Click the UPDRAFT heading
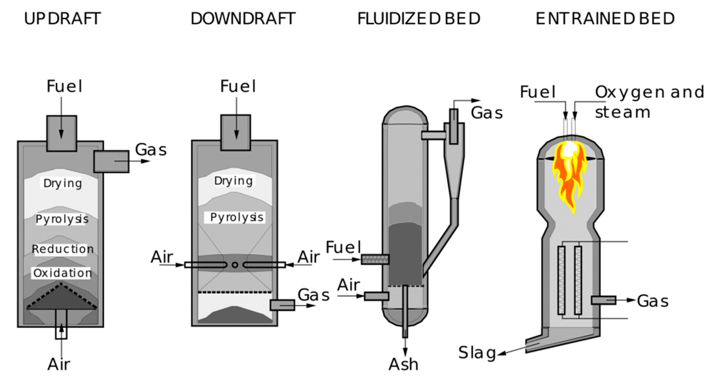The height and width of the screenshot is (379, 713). point(62,19)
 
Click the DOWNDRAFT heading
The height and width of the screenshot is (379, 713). point(243,19)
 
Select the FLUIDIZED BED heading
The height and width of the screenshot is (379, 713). point(419,19)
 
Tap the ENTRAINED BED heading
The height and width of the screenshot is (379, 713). point(605,19)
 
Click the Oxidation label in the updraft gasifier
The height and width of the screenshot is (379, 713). point(62,273)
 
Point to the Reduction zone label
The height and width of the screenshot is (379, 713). point(63,249)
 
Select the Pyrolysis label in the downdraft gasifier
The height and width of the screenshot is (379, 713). point(236,217)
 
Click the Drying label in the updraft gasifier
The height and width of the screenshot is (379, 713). point(63,183)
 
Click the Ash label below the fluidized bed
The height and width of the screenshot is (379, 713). point(403,364)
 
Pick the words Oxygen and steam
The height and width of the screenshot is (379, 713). point(649,102)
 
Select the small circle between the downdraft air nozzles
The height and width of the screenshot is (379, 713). point(235,265)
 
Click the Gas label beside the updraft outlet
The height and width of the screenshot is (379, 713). point(151,150)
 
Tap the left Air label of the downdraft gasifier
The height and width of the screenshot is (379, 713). point(162,257)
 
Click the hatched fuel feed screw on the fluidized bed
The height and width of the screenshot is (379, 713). point(375,260)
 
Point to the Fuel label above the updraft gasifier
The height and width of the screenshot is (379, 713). point(64,86)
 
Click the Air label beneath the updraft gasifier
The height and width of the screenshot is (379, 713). point(59,364)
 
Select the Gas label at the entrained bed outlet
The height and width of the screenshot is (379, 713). point(653,301)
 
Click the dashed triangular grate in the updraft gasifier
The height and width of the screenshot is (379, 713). point(62,298)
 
